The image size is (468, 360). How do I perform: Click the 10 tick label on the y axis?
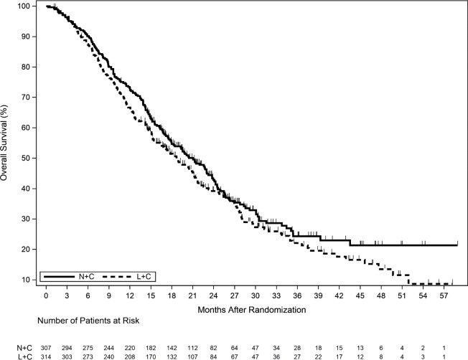[28, 279]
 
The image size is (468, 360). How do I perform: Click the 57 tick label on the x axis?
[444, 296]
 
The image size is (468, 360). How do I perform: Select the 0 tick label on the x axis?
[46, 296]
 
